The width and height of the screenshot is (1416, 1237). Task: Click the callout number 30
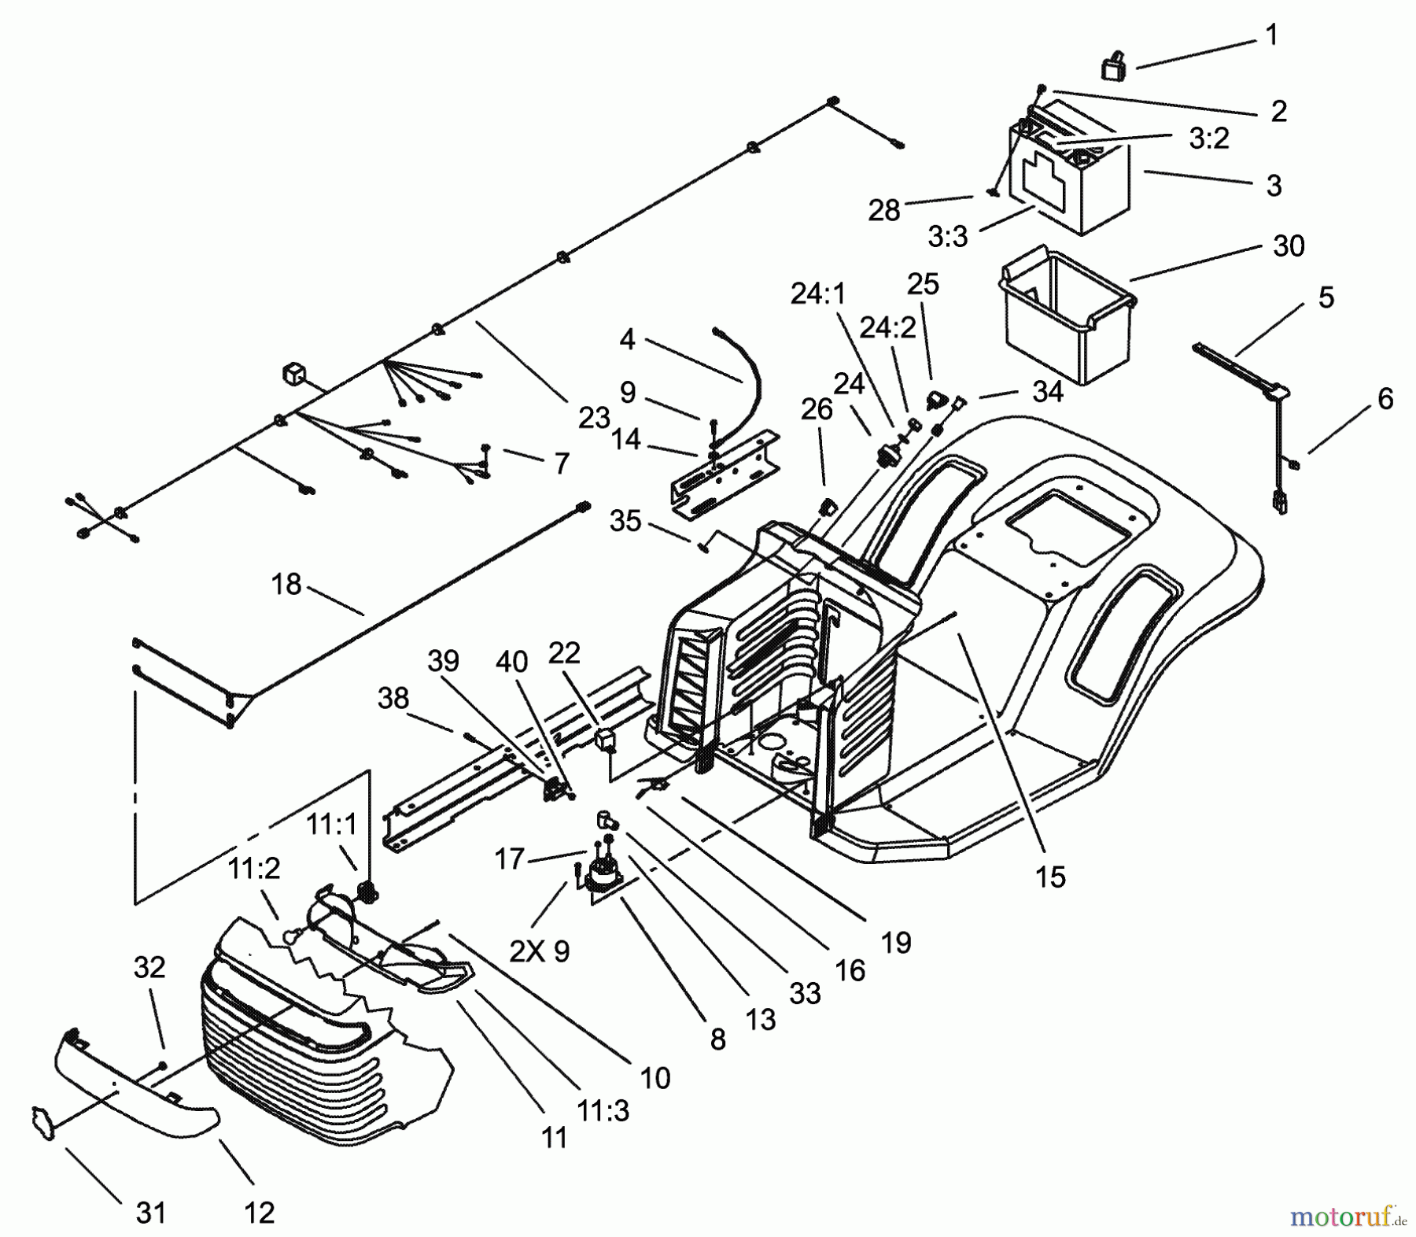point(1289,246)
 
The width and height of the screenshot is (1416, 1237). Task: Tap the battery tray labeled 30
point(1065,319)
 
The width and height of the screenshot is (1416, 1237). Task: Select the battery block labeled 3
point(1070,177)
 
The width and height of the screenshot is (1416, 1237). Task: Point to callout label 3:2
point(1208,138)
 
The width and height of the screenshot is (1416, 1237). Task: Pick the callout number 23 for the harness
point(594,418)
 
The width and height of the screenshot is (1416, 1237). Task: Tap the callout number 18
point(286,584)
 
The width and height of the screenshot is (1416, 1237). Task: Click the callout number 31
point(151,1213)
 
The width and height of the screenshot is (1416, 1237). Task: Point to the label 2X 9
point(540,951)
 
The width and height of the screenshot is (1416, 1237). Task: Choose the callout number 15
point(1050,876)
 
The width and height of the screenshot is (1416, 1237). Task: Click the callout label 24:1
point(817,294)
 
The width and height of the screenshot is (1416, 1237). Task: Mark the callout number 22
point(564,652)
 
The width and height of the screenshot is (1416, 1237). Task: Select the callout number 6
point(1385,399)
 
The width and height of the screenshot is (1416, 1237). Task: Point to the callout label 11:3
point(603,1111)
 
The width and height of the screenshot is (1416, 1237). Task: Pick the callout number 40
point(511,662)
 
